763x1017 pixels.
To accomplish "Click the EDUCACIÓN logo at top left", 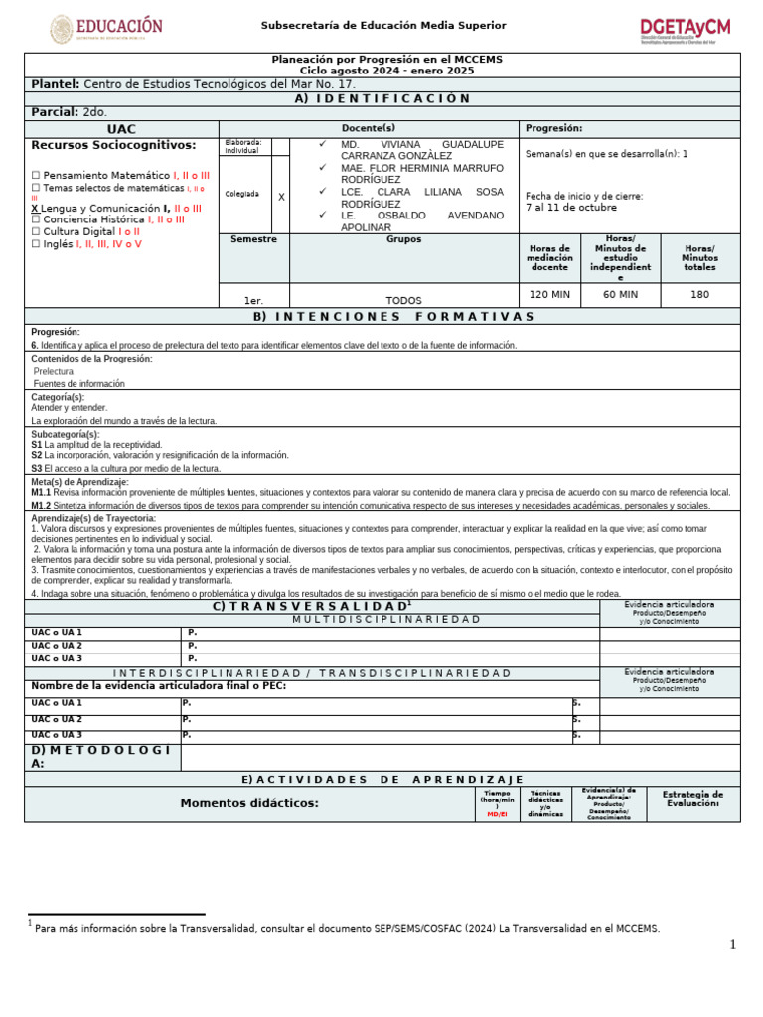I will (106, 28).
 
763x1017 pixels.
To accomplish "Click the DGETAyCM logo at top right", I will (685, 30).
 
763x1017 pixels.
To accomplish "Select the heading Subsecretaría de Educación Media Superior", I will (382, 25).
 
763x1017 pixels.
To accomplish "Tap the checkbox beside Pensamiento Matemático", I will (36, 176).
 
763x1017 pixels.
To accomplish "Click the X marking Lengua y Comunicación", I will (36, 209).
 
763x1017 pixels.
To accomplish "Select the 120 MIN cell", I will (549, 295).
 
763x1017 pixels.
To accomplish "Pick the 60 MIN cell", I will (620, 295).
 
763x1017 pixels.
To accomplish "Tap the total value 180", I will (699, 295).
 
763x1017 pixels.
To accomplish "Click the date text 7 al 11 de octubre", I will (571, 209).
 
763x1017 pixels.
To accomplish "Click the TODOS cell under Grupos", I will (403, 300).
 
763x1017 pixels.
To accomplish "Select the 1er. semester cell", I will (253, 300).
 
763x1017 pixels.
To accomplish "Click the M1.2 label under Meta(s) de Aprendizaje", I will (41, 506).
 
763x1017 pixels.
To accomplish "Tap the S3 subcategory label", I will (37, 468).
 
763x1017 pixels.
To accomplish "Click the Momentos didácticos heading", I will (249, 803).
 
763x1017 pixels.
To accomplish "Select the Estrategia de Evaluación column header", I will (692, 799).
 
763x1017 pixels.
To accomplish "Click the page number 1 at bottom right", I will (733, 944).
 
